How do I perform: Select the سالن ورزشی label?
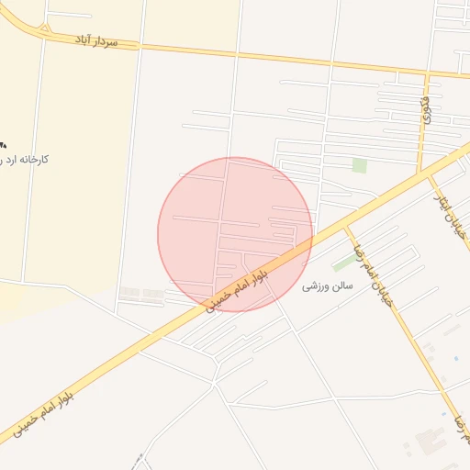[x=327, y=286]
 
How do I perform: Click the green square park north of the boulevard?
[x=359, y=165]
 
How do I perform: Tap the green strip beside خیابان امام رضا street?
[x=344, y=258]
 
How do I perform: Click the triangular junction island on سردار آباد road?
[x=43, y=28]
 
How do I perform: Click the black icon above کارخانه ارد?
[x=3, y=144]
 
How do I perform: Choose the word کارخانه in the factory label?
[x=34, y=160]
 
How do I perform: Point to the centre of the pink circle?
[x=235, y=234]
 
